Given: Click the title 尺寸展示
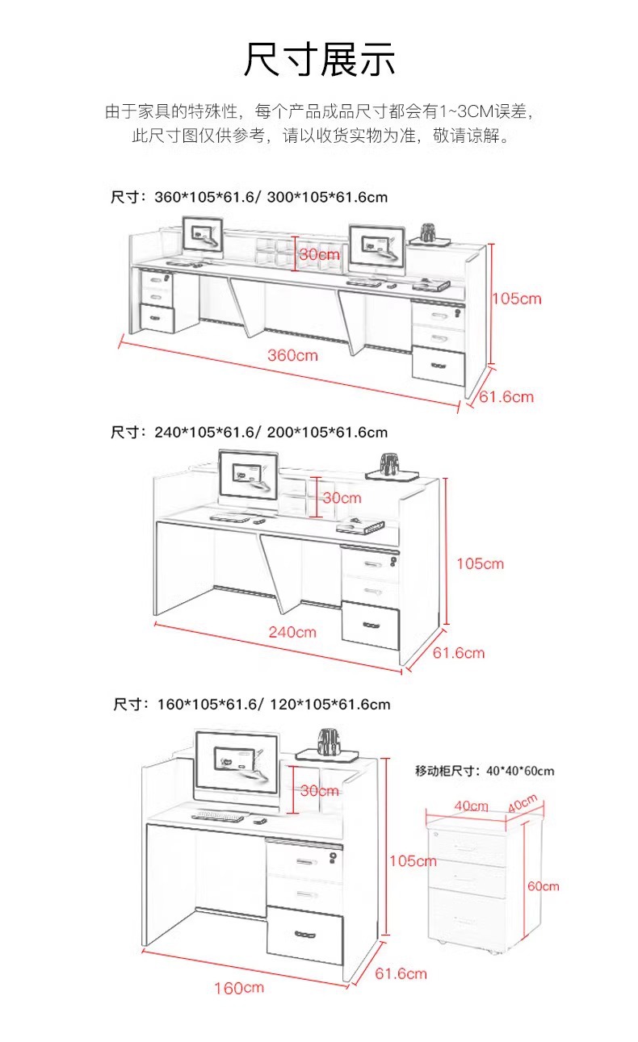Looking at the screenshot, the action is click(320, 60).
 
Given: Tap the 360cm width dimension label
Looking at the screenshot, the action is click(292, 354).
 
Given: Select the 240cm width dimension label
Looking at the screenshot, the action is click(292, 632).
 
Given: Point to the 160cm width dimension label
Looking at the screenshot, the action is click(238, 988).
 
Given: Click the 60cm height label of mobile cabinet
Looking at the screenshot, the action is click(543, 885).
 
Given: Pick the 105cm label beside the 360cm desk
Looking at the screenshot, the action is click(517, 299).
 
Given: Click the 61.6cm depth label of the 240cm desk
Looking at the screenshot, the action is click(459, 652).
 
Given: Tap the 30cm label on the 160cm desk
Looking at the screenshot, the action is click(319, 791).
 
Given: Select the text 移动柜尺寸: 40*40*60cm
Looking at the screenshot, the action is click(485, 771).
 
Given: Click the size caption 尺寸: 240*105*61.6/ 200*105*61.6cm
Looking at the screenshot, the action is click(249, 433).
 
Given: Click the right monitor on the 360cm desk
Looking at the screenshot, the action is click(376, 245).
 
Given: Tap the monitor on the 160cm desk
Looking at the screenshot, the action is click(237, 764).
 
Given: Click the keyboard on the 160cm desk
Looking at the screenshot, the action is click(218, 816).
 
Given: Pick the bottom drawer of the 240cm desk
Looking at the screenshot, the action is click(371, 625).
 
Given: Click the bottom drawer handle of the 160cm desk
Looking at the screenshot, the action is click(305, 935).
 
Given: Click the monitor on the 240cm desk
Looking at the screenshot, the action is click(248, 477).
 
